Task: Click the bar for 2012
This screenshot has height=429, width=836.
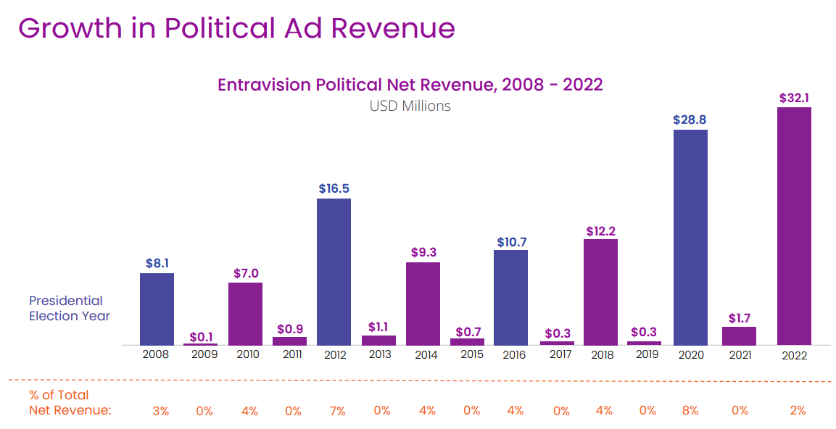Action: click(334, 272)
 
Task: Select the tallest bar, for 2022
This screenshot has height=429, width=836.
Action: click(794, 226)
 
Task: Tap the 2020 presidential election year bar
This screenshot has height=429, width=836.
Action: click(690, 237)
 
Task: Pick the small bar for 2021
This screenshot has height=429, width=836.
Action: click(739, 336)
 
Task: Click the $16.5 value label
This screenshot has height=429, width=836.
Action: click(334, 188)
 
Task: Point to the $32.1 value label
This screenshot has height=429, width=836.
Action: click(794, 97)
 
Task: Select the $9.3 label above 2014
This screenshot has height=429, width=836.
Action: click(423, 252)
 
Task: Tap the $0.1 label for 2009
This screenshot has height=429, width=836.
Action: click(200, 337)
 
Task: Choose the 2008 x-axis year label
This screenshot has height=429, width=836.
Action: click(156, 354)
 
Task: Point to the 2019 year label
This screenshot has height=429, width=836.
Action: click(647, 354)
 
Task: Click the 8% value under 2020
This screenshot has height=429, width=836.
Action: click(690, 411)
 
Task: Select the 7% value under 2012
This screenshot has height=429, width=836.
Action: click(337, 411)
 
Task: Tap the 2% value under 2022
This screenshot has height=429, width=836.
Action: click(798, 411)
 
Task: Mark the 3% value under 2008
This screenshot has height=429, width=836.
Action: click(160, 411)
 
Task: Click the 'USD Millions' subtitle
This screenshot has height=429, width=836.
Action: click(410, 106)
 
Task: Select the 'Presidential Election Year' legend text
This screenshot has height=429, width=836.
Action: click(69, 308)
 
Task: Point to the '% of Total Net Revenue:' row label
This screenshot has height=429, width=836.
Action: click(70, 403)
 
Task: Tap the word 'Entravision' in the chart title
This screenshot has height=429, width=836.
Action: click(265, 85)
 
